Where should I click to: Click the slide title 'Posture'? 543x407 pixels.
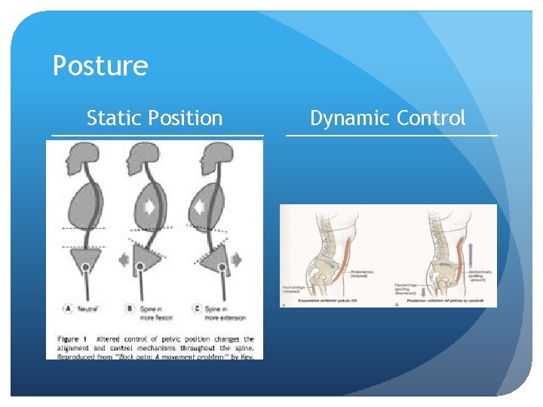click(100, 66)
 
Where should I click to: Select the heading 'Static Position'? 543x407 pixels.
click(155, 118)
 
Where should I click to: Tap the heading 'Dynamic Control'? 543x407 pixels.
click(388, 118)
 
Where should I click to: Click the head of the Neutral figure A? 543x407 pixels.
click(78, 158)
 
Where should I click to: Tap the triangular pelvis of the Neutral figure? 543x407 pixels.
click(87, 261)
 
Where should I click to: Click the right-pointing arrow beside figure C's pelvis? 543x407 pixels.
click(236, 260)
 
